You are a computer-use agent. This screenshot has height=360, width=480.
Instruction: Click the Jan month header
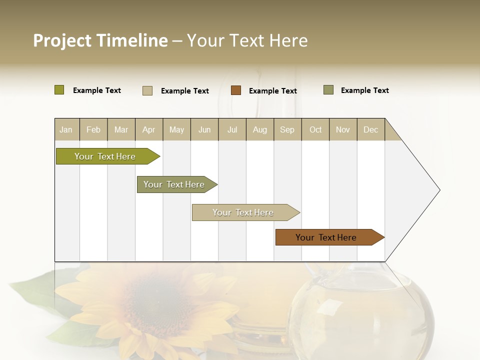66,130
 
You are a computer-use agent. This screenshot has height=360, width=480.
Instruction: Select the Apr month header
149,130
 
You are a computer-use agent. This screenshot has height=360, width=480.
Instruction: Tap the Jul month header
232,130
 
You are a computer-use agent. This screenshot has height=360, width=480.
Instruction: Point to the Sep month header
287,130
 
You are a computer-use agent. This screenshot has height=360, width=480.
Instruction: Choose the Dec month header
370,130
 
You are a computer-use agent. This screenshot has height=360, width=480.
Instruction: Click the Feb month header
93,130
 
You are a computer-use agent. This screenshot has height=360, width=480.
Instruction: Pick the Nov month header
342,130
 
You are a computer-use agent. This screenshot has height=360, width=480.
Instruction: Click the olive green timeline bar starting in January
105,156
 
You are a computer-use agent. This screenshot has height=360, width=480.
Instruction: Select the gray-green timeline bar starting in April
174,184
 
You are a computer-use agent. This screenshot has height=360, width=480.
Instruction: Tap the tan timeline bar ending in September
243,212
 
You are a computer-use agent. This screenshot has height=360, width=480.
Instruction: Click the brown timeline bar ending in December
326,237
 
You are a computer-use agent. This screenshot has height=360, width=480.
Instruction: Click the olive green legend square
59,90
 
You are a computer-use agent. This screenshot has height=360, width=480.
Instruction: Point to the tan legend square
147,90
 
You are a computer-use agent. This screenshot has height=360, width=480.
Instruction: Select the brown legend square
236,90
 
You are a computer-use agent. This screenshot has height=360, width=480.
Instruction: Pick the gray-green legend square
328,90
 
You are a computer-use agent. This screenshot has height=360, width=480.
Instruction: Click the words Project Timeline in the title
100,40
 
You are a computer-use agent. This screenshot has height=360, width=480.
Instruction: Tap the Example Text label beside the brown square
273,91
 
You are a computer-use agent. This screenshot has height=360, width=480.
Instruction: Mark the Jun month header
204,130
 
